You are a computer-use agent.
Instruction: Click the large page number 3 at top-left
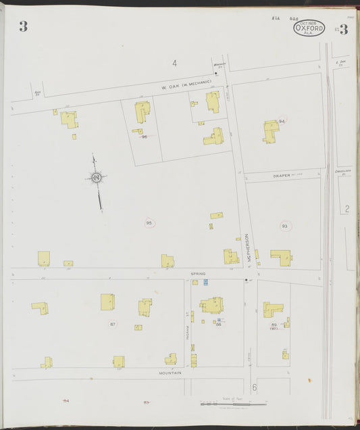[x=24, y=27]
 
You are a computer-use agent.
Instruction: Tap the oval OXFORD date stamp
[x=309, y=28]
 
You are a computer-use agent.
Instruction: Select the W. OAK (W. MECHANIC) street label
[x=186, y=85]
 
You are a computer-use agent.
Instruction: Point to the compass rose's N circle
[x=97, y=178]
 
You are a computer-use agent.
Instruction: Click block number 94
[x=282, y=121]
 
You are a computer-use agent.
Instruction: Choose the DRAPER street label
[x=282, y=176]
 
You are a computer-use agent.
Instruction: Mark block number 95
[x=149, y=222]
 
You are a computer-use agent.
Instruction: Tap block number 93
[x=284, y=226]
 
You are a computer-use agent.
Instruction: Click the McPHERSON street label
[x=248, y=247]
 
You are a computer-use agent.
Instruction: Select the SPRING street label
[x=197, y=274]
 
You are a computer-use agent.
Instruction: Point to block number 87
[x=113, y=325]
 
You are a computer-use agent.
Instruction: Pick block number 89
[x=274, y=325]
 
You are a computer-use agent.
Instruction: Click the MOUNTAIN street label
[x=170, y=373]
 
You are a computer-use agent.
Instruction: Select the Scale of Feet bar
[x=233, y=404]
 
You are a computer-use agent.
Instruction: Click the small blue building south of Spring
[x=205, y=282]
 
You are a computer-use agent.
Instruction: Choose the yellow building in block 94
[x=272, y=130]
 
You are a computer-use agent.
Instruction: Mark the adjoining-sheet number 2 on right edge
[x=346, y=209]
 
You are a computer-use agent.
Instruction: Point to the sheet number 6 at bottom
[x=255, y=388]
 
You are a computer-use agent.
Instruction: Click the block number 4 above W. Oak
[x=174, y=64]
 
